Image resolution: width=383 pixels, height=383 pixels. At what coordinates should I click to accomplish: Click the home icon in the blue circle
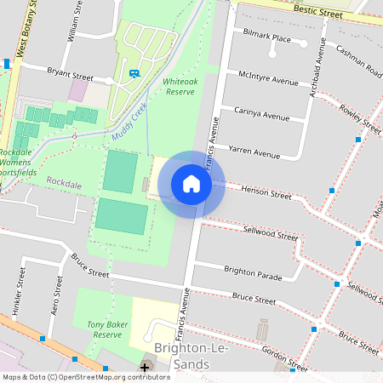tap(191, 184)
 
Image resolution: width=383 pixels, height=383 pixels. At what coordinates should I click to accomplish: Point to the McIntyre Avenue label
tap(268, 77)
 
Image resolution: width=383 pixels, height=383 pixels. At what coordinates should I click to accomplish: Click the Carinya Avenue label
tap(262, 114)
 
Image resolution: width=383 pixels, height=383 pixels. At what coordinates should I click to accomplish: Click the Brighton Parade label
tap(252, 270)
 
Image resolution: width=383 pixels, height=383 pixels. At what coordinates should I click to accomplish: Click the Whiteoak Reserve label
tap(179, 85)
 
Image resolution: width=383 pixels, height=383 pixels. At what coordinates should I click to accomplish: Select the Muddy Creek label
tap(129, 122)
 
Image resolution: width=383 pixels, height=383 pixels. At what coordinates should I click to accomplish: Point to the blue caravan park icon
tap(134, 73)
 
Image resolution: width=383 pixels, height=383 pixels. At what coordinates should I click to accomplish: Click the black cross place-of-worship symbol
tap(144, 368)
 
